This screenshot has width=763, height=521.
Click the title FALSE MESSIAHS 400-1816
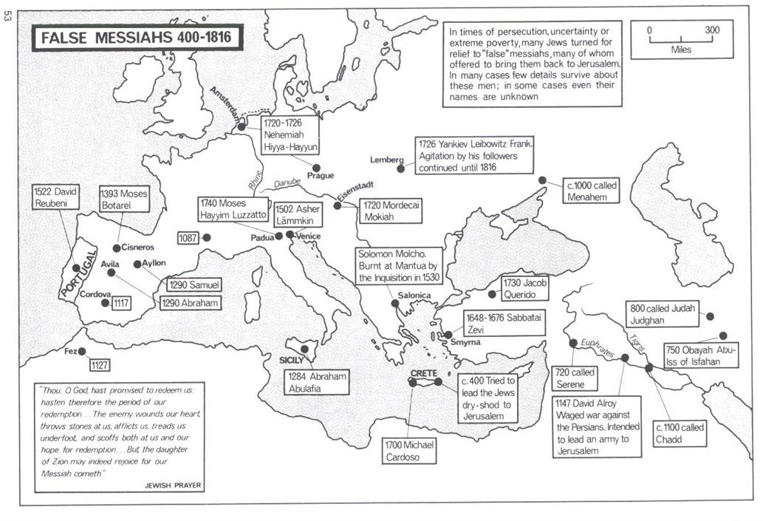point(137,38)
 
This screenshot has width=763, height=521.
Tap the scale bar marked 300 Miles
point(680,37)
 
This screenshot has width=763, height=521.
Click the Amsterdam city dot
point(242,127)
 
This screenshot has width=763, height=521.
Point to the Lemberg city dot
point(400,168)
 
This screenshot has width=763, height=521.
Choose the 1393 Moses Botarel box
point(123,200)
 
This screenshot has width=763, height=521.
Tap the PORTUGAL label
point(78,273)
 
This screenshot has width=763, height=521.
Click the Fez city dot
point(82,352)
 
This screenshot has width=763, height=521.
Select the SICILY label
point(292,360)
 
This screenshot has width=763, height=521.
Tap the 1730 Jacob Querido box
point(526,288)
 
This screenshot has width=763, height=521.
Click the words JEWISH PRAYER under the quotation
point(174,486)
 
